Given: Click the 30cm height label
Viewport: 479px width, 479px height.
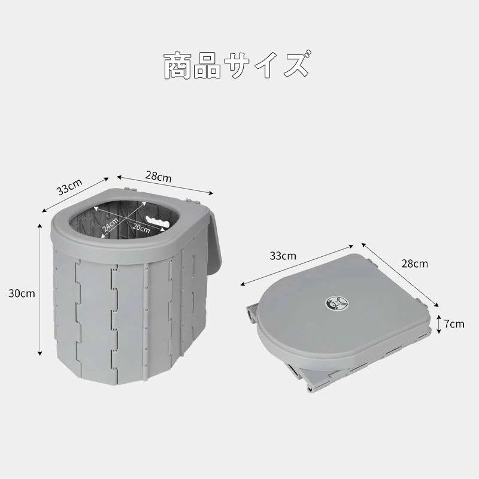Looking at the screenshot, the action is pyautogui.click(x=22, y=293).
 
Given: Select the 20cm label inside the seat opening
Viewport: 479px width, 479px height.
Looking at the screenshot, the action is pyautogui.click(x=141, y=228).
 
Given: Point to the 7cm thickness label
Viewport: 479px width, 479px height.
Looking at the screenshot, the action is pyautogui.click(x=454, y=324).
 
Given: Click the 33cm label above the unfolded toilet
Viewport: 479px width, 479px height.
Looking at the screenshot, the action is pyautogui.click(x=69, y=187).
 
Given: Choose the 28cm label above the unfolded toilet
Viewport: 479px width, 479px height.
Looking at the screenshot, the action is pyautogui.click(x=158, y=177).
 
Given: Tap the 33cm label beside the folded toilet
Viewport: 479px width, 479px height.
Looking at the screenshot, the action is pyautogui.click(x=283, y=256).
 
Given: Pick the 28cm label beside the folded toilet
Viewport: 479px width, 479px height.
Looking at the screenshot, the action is pyautogui.click(x=414, y=263).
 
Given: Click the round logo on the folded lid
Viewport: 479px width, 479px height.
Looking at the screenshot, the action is pyautogui.click(x=336, y=303).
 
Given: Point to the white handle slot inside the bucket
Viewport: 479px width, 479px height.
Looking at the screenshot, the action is pyautogui.click(x=157, y=221).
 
